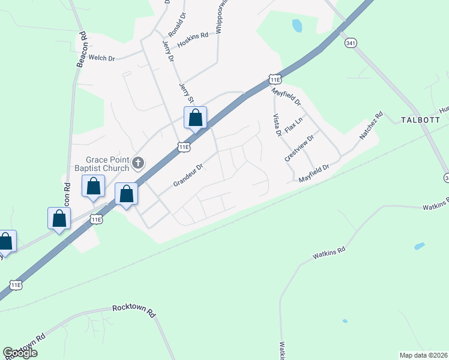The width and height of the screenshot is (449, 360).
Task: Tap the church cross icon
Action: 138,163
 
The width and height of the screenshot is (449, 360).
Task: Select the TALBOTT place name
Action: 416,120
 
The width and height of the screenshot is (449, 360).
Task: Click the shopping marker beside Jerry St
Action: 195,118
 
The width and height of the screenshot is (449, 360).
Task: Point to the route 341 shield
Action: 351,43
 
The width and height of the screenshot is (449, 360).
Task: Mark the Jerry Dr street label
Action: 167,52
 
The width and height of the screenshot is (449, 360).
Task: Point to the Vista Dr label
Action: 277,125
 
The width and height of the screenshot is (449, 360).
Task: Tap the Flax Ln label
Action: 294,125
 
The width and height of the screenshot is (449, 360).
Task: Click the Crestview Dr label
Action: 300,148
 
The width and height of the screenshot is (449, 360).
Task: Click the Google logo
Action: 20,353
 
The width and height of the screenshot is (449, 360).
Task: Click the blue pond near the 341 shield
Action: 297,26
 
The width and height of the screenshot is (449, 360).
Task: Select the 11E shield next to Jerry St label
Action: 184,147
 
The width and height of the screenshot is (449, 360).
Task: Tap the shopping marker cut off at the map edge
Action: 5,242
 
